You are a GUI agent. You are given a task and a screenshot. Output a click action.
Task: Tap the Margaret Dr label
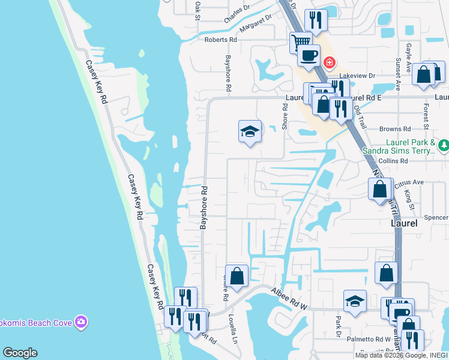point(255,28)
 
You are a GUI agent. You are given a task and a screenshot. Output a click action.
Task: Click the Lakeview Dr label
point(357,76)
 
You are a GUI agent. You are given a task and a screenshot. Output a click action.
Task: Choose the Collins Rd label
point(394,161)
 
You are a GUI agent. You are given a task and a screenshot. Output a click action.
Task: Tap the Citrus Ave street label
point(411,182)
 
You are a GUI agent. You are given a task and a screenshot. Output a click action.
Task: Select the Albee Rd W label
point(289,298)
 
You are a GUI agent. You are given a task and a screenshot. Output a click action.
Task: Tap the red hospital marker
point(329,62)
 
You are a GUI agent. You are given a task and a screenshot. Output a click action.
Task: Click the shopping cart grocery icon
point(300,42)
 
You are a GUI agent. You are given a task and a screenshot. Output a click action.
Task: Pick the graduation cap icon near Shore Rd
point(250,131)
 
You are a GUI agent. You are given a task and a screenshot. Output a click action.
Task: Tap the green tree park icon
point(444,145)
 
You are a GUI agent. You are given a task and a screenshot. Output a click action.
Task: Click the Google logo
point(20,353)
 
